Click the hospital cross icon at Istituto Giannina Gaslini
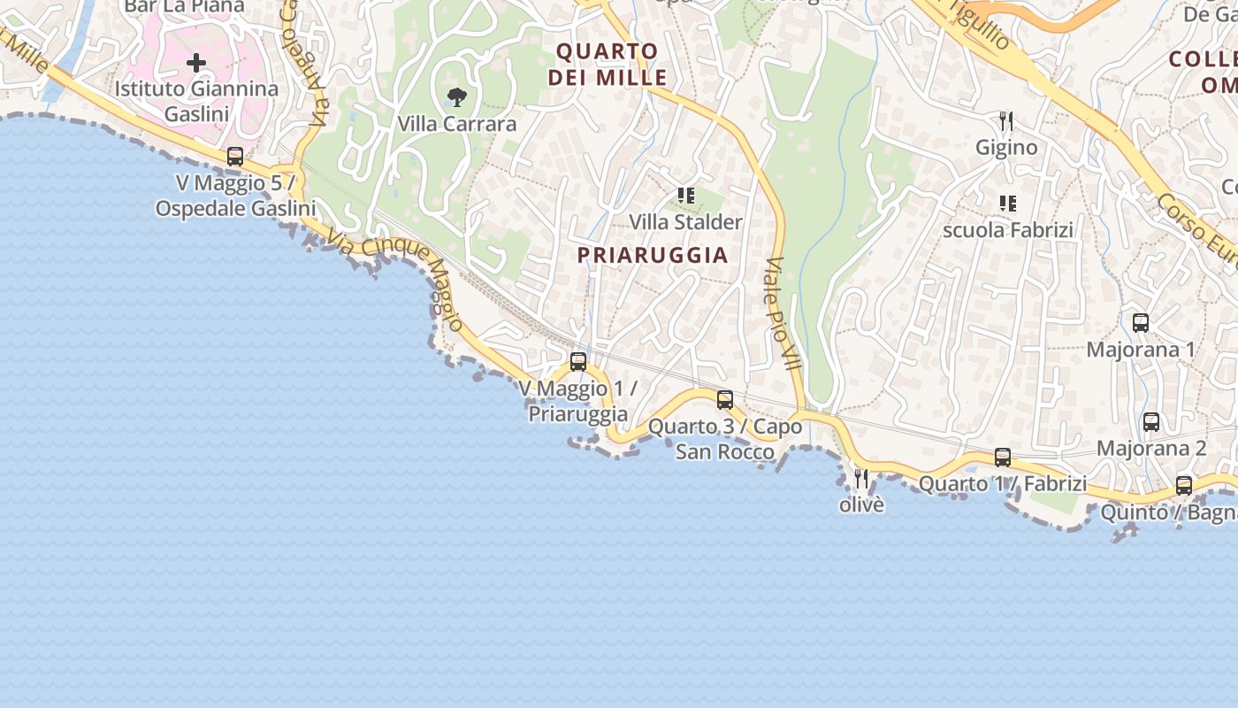(196, 63)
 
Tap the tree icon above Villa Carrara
(456, 97)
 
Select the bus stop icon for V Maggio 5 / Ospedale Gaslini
(235, 157)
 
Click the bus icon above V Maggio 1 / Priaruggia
(578, 361)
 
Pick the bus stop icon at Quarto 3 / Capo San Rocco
(725, 399)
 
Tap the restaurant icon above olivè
(861, 479)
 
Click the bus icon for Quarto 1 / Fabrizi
(1003, 458)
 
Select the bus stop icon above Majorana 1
(1141, 323)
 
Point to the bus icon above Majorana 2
(1151, 422)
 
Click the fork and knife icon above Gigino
(1006, 121)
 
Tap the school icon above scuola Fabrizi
(1007, 204)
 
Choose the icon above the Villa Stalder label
(685, 195)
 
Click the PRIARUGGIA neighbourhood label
(653, 256)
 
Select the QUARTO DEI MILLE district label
(608, 65)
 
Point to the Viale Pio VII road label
(783, 314)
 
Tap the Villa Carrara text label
(457, 124)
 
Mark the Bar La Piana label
(184, 7)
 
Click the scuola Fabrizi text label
(1008, 230)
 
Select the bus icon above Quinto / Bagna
(1184, 486)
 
